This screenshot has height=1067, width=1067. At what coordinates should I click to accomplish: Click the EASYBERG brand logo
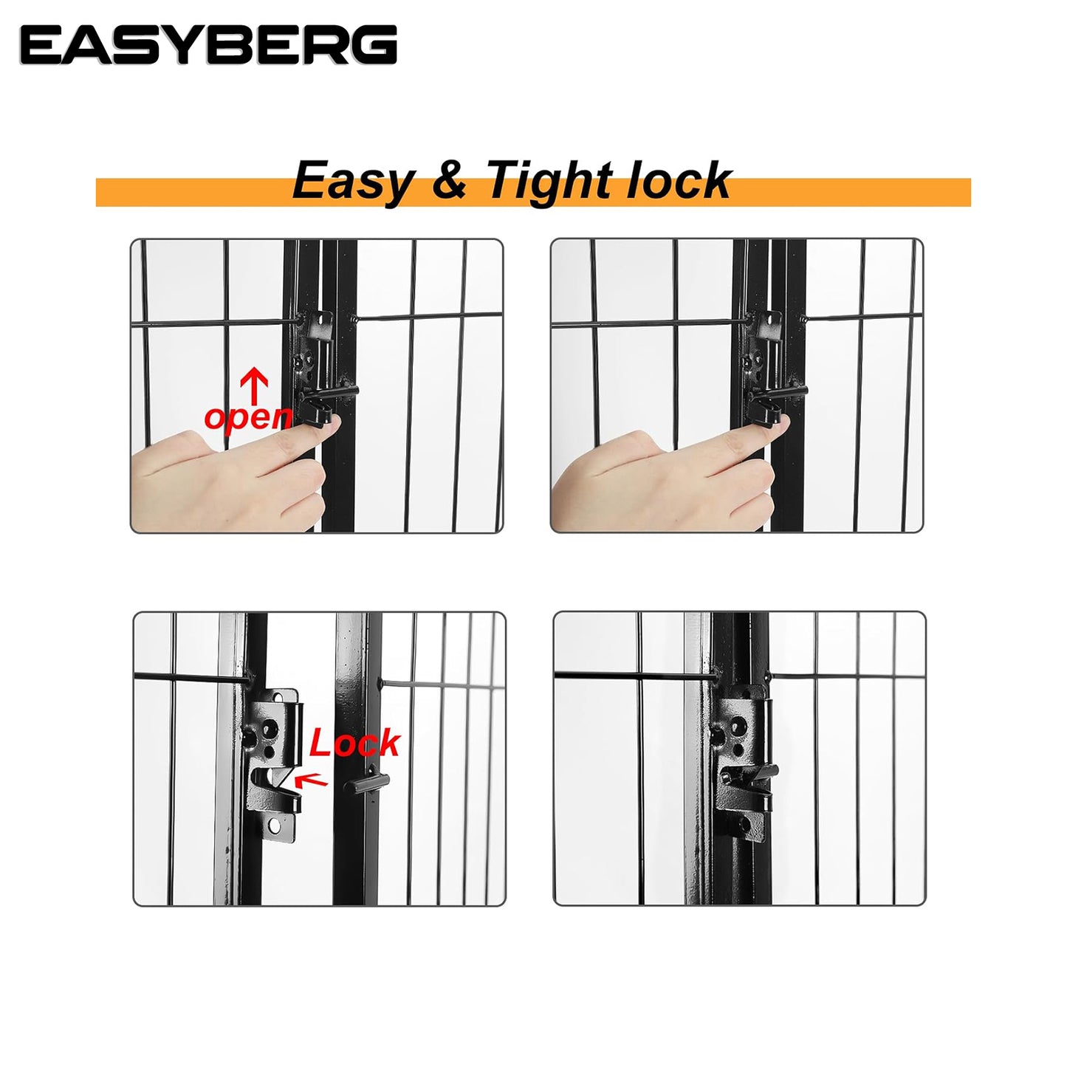point(208,45)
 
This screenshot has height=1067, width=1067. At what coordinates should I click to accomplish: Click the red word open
point(248,417)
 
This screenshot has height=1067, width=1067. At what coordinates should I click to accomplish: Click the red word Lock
point(354,743)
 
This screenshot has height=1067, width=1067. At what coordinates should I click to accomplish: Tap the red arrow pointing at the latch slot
point(311,780)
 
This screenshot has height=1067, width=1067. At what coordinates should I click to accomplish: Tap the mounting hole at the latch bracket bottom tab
point(275,828)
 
